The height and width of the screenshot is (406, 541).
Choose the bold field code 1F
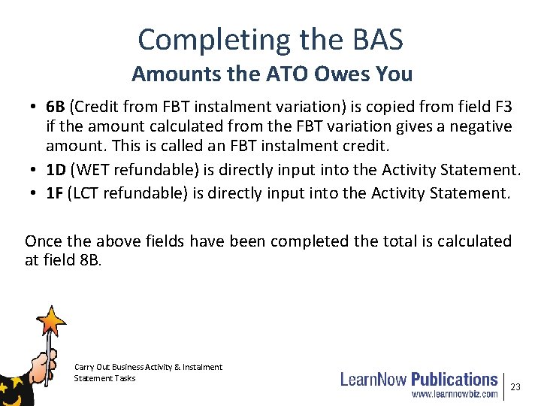[x=55, y=194]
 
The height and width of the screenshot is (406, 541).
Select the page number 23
[x=515, y=386]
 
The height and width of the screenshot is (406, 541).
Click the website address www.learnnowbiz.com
[x=455, y=393]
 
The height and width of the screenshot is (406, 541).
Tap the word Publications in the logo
[x=454, y=378]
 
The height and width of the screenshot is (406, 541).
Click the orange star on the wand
[x=52, y=321]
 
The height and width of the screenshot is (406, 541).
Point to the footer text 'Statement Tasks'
[x=104, y=378]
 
